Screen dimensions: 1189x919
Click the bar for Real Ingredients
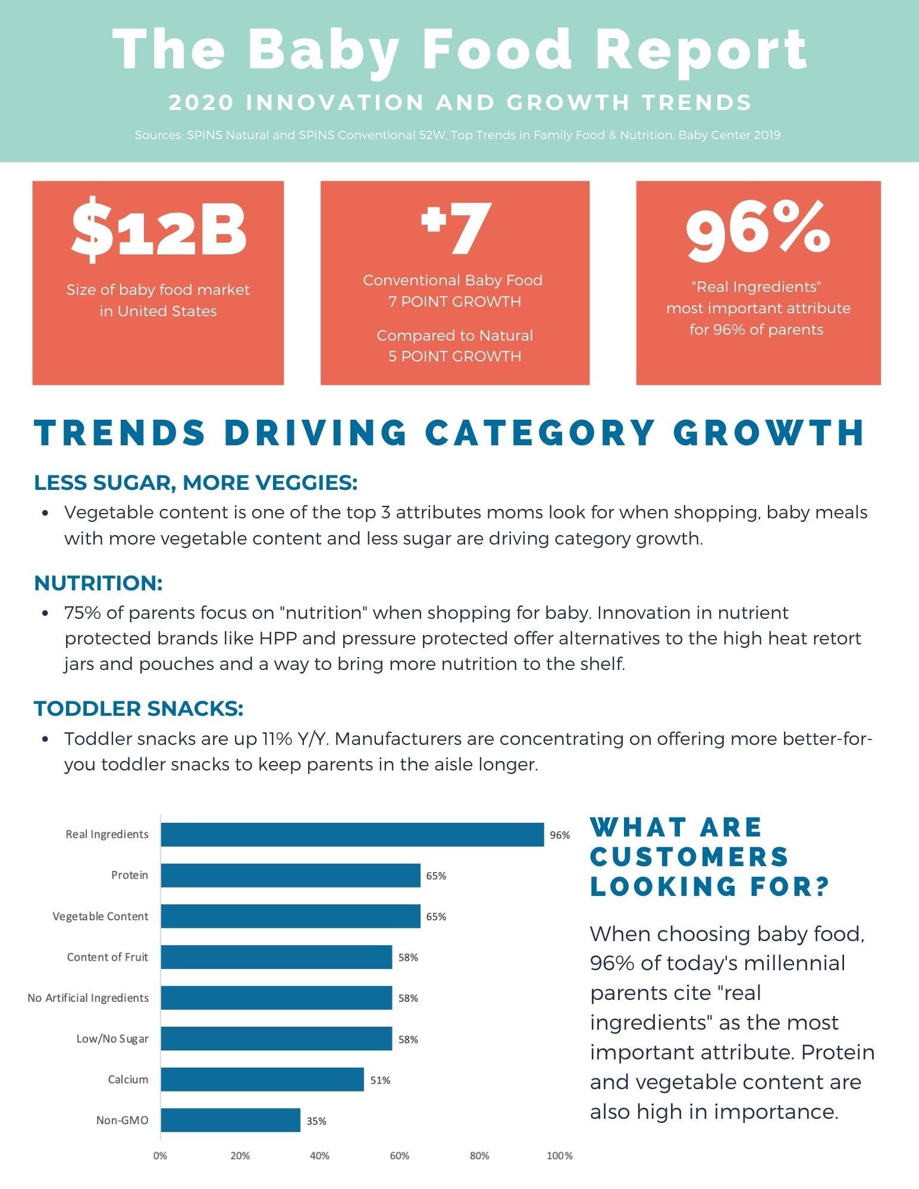352,834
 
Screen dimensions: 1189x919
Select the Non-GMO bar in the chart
230,1120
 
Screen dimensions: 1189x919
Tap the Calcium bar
262,1079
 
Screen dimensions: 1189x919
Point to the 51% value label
380,1080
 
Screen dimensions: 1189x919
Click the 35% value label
316,1121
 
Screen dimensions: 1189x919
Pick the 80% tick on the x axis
479,1156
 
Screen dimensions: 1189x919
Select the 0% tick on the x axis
160,1156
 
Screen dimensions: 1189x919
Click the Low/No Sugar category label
112,1039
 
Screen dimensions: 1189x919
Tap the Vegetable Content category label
100,916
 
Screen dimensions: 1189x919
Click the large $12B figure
158,230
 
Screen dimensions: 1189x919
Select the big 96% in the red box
758,230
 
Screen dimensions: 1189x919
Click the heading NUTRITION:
98,583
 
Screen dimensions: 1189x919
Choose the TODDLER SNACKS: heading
139,709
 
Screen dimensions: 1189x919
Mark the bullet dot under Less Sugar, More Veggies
45,513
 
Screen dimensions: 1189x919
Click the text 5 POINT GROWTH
455,356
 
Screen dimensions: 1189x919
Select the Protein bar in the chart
290,875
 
